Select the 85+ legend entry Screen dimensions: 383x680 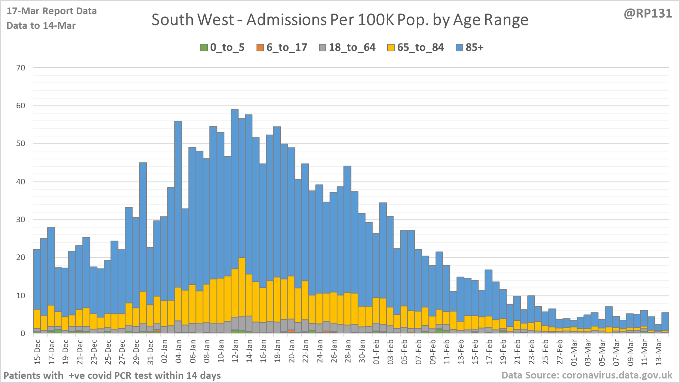tap(470, 48)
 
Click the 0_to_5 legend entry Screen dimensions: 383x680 tap(222, 48)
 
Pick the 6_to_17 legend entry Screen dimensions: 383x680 tap(282, 48)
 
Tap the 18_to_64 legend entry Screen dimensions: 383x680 tap(347, 48)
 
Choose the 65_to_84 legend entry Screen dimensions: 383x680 tap(416, 48)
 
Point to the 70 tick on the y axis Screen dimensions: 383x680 tap(21, 68)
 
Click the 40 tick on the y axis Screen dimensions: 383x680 tap(21, 182)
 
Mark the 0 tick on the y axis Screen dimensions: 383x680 tap(23, 333)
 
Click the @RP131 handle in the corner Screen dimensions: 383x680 tap(648, 13)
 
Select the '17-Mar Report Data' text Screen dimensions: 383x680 tap(52, 11)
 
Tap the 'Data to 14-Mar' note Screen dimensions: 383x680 tap(41, 26)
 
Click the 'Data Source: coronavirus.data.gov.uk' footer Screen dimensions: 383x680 tap(587, 375)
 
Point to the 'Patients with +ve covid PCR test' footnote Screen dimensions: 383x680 tap(112, 376)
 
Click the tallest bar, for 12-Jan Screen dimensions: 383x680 tap(235, 187)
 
